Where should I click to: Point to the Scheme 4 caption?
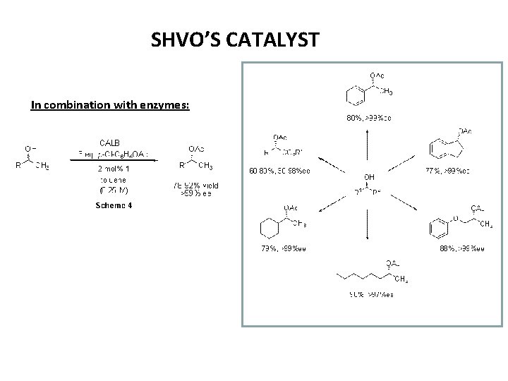(x=114, y=205)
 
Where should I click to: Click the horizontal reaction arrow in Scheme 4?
(x=114, y=161)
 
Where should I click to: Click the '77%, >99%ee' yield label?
(x=447, y=170)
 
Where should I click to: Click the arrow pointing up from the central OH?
(x=368, y=149)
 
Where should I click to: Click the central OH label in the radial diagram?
(x=370, y=176)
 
